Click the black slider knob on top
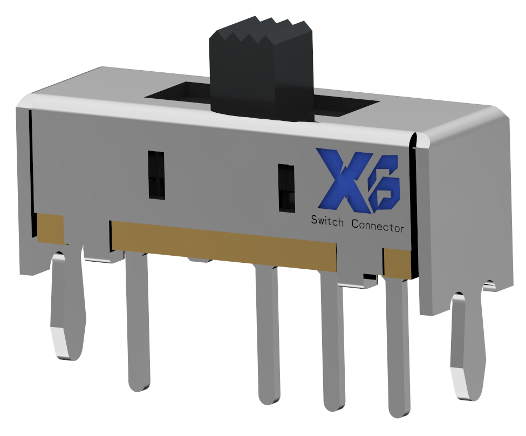pyautogui.click(x=261, y=76)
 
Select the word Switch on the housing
pyautogui.click(x=326, y=222)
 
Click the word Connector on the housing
pyautogui.click(x=377, y=227)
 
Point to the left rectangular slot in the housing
pyautogui.click(x=156, y=175)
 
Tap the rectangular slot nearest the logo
pyautogui.click(x=286, y=187)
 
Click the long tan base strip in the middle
pyautogui.click(x=224, y=243)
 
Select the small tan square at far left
pyautogui.click(x=50, y=227)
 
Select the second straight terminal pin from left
pyautogui.click(x=268, y=335)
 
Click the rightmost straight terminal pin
pyautogui.click(x=398, y=345)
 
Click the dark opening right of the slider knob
pyautogui.click(x=345, y=106)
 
